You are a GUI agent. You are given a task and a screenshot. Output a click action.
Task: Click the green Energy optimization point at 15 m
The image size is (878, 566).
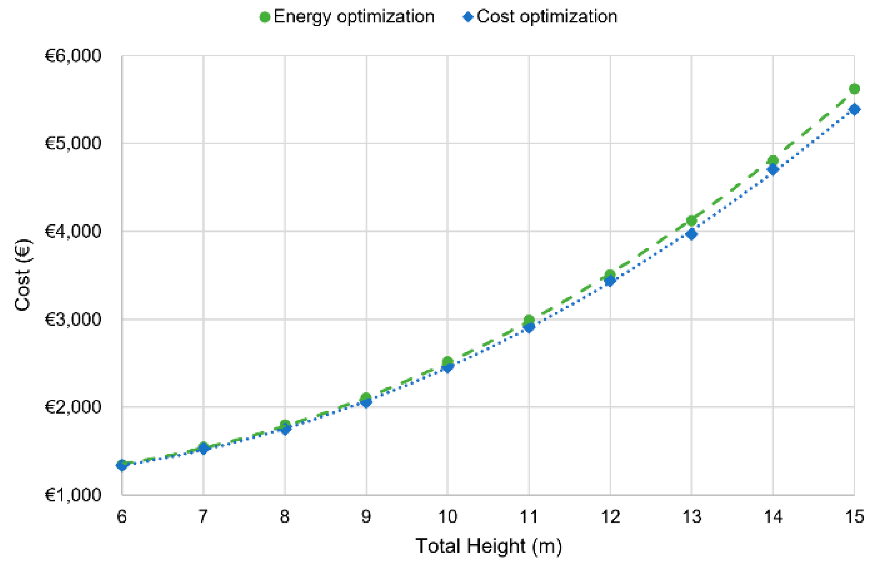[x=854, y=89]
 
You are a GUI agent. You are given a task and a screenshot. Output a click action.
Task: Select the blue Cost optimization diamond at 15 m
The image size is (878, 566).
[x=854, y=109]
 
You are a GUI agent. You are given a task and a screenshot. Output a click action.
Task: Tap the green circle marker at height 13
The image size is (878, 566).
[x=692, y=221]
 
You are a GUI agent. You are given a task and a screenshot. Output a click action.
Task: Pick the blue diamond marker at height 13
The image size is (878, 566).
[x=692, y=234]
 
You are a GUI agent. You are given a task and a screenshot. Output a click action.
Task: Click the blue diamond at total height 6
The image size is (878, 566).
[x=122, y=465]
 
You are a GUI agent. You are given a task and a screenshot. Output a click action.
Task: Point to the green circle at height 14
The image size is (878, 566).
[x=773, y=160]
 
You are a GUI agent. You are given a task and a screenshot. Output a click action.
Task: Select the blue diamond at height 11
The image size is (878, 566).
[x=529, y=327]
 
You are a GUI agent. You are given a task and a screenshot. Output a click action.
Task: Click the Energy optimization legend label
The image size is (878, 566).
[x=354, y=17]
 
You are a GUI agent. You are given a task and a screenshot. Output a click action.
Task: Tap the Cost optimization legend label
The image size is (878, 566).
[x=547, y=17]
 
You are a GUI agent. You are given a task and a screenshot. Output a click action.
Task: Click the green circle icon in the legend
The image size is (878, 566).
[x=265, y=17]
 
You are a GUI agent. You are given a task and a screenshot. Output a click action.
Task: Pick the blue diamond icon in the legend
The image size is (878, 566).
[x=468, y=17]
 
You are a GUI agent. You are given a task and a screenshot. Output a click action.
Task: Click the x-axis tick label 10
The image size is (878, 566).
[x=448, y=517]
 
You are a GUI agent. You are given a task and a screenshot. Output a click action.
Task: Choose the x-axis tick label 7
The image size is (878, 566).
[x=203, y=517]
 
